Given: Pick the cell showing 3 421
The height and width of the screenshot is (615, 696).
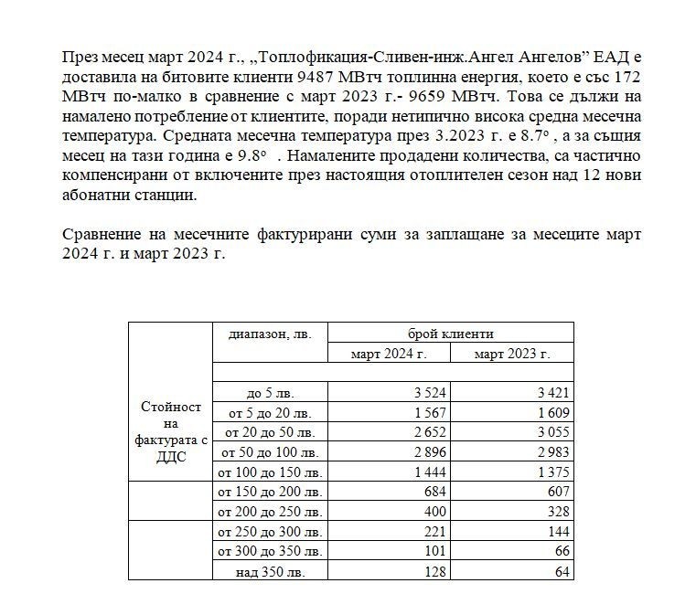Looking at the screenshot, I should coord(552,394).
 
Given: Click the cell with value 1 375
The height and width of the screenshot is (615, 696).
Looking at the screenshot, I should coord(552,472).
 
